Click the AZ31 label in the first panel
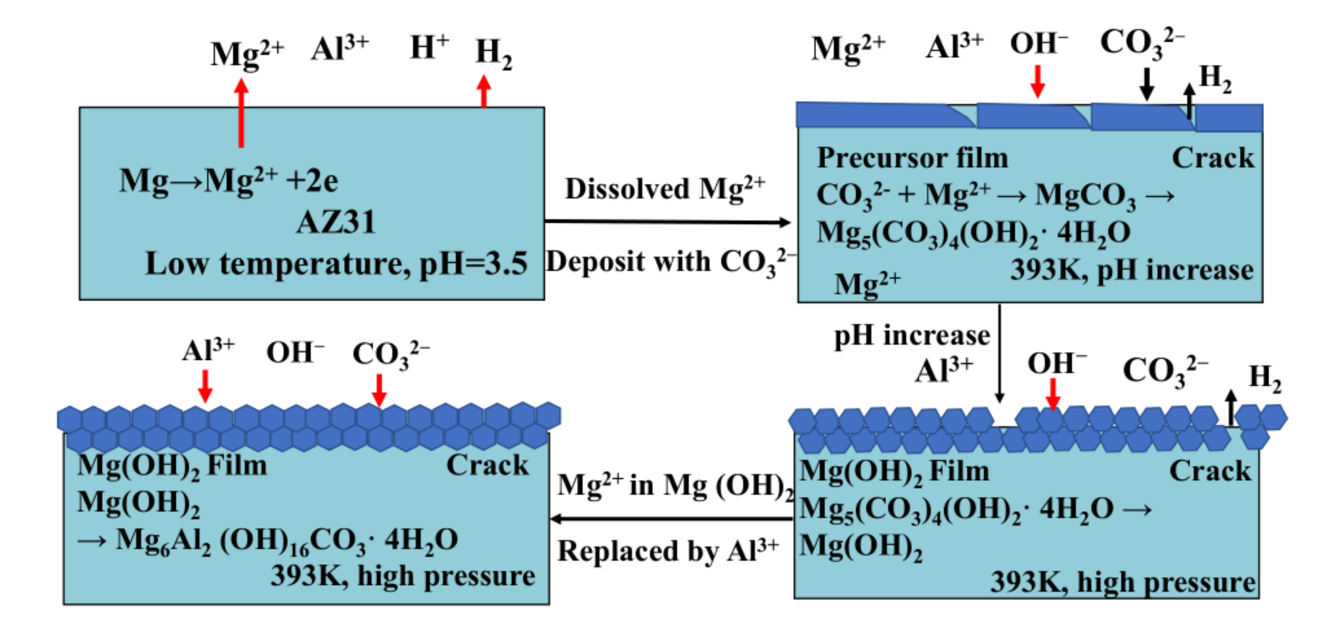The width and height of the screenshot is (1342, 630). pos(336,223)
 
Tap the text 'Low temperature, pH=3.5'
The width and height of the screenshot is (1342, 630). pos(336,264)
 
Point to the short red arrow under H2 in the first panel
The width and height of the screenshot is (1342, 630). pos(484,92)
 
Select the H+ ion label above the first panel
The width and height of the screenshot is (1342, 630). pos(429,48)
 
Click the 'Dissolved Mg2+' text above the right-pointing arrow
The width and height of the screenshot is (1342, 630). pos(665,189)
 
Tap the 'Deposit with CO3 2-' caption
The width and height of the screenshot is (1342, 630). pos(670,262)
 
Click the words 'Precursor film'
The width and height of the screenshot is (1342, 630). pos(912,158)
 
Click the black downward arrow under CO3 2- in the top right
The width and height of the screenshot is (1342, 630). pos(1146,84)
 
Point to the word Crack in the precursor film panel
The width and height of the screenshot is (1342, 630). pos(1213,158)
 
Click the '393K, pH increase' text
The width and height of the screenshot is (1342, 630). pos(1132,270)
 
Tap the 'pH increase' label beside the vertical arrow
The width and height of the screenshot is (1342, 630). pos(912,335)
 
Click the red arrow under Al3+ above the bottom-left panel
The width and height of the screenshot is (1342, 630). pos(205,386)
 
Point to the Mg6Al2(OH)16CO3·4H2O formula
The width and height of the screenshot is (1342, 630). pos(286,541)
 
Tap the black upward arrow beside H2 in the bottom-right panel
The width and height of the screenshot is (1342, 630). pos(1231,408)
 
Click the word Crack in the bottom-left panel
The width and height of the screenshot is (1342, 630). pos(487,465)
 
